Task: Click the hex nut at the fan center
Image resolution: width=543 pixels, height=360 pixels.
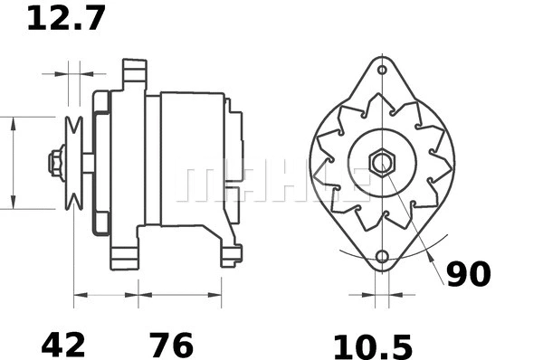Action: click(382, 164)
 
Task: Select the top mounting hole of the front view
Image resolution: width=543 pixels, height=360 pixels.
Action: click(382, 70)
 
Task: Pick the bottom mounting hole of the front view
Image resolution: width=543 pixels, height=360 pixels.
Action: click(382, 258)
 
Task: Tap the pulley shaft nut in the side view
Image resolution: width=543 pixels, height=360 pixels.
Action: click(55, 163)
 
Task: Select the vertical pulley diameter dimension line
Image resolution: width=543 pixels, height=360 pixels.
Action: click(13, 163)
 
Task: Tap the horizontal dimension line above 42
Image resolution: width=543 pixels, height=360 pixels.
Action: click(106, 294)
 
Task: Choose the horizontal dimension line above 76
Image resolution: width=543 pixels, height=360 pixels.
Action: click(179, 294)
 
